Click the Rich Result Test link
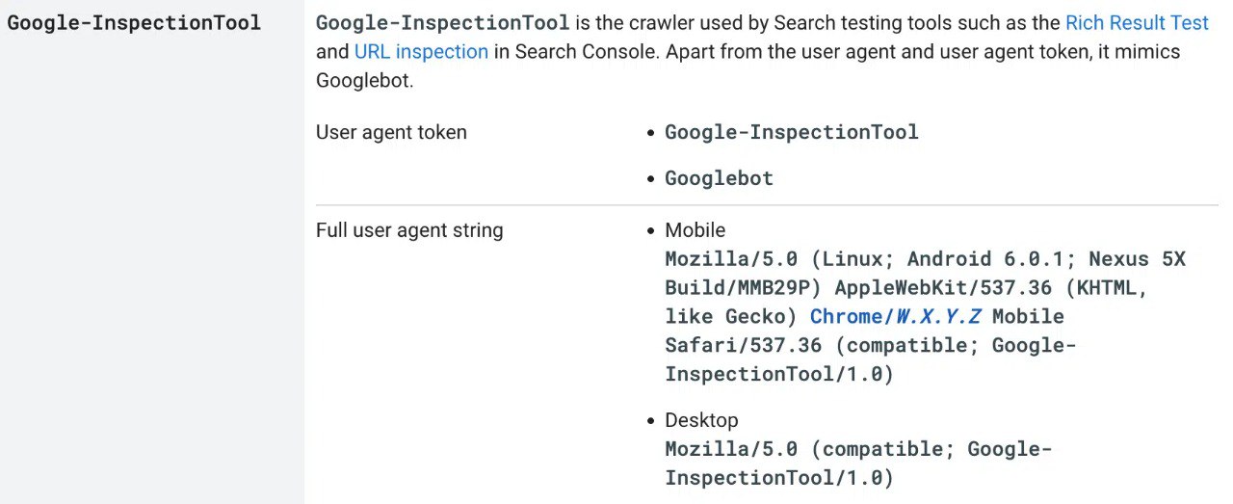coord(1137,23)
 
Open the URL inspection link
coord(421,52)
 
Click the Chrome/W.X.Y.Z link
coord(895,317)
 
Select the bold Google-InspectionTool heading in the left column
coord(134,23)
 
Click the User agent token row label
coord(391,133)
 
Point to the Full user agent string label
coord(409,230)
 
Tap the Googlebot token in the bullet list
coord(719,178)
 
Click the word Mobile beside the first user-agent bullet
coord(695,230)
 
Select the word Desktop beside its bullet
coord(701,420)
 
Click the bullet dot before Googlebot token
coord(650,179)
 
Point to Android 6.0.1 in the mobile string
coord(984,259)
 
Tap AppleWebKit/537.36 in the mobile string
coord(943,288)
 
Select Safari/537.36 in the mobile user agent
coord(743,346)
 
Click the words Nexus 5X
coord(1138,259)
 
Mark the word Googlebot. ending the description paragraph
coord(364,81)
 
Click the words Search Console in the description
coord(587,52)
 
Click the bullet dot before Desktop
coord(650,421)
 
